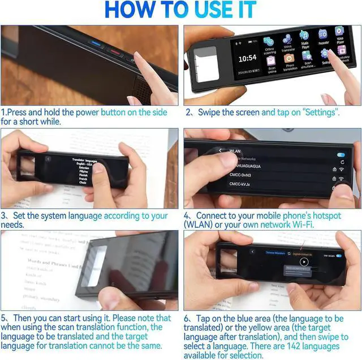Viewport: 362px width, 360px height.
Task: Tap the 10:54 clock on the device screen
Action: [247, 58]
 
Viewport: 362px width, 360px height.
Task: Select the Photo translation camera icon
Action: [288, 59]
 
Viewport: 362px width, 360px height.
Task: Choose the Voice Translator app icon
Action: [287, 39]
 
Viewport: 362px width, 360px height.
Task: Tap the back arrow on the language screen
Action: [48, 159]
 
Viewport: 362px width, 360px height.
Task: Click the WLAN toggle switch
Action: [341, 154]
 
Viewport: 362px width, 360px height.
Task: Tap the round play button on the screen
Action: [304, 262]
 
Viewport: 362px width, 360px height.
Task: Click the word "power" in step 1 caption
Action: [87, 112]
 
